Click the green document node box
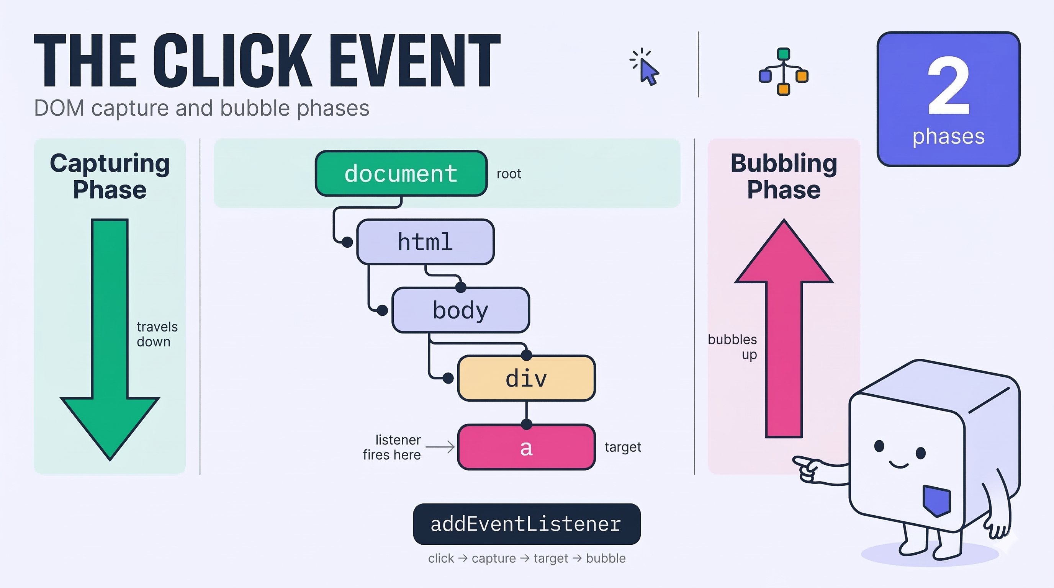(401, 173)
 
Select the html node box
(426, 242)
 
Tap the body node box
(461, 310)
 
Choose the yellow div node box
(526, 378)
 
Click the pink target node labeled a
(526, 447)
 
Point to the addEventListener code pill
(527, 524)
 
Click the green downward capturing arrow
(110, 340)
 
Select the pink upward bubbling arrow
(784, 328)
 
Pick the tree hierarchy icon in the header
(784, 72)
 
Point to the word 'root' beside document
(509, 174)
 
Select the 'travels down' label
(157, 334)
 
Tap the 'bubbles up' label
(732, 347)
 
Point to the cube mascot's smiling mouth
(899, 464)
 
